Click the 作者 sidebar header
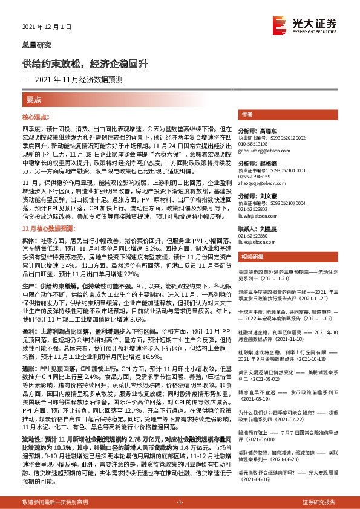(246, 114)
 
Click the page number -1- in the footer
(179, 502)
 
